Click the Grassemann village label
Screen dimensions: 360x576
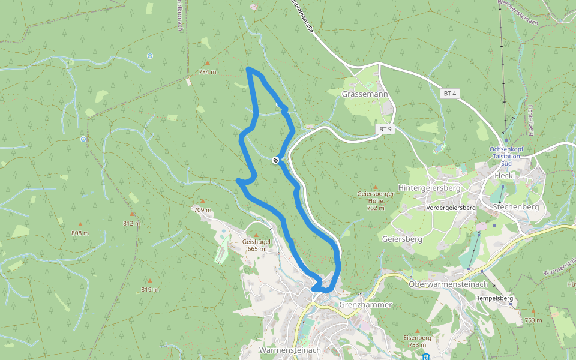point(365,95)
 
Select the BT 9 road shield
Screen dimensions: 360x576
point(385,129)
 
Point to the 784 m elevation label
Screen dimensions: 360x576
point(208,72)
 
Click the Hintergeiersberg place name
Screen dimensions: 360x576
point(429,188)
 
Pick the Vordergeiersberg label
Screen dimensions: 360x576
point(451,208)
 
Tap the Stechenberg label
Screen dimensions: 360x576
point(515,207)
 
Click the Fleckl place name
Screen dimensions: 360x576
point(505,175)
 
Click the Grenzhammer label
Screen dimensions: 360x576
point(365,305)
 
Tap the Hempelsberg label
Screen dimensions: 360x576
point(493,298)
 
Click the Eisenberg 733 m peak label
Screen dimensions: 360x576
point(418,341)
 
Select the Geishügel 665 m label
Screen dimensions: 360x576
point(256,245)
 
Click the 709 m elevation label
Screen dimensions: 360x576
point(203,210)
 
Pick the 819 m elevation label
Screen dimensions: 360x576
point(150,289)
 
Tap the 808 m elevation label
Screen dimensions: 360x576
point(80,233)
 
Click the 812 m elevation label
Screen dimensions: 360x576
point(132,223)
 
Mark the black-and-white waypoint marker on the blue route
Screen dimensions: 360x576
point(275,160)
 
